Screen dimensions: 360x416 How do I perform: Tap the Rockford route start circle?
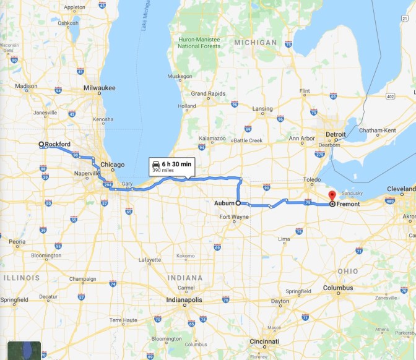(x=41, y=145)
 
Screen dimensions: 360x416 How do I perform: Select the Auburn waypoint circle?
(x=238, y=202)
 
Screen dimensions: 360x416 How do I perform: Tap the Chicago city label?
(x=113, y=165)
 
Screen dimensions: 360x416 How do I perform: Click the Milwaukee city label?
(x=100, y=88)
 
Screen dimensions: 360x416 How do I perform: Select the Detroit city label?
(x=336, y=134)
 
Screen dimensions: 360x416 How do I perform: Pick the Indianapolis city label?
(x=184, y=300)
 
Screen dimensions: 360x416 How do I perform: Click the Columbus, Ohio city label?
(x=338, y=288)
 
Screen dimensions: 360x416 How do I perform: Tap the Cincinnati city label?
(x=264, y=341)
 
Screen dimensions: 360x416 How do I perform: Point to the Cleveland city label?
(x=401, y=189)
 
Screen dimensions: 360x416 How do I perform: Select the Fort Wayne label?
(x=234, y=216)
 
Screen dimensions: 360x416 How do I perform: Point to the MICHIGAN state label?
(x=256, y=42)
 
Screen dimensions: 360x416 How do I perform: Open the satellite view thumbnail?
(x=24, y=350)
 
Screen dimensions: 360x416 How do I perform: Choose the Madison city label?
(x=26, y=87)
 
